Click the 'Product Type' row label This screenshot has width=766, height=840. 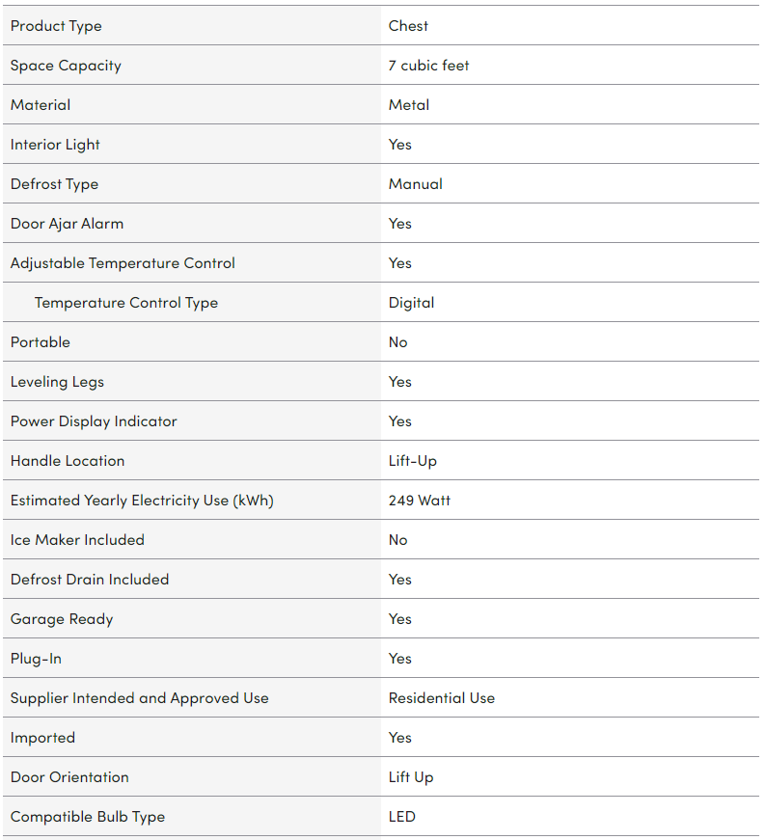tap(56, 26)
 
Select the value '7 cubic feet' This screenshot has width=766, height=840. tap(428, 66)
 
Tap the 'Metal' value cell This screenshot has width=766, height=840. tap(409, 105)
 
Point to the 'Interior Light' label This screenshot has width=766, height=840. tap(55, 145)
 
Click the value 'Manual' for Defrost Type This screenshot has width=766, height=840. tap(415, 184)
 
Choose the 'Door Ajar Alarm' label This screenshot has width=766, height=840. tap(67, 224)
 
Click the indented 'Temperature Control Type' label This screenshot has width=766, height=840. tap(126, 303)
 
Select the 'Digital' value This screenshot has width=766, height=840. tap(411, 303)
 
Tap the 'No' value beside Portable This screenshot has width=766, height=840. tap(397, 342)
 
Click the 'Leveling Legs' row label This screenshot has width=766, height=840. tap(57, 382)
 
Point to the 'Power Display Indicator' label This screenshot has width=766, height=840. tap(94, 421)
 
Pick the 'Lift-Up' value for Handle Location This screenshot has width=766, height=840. tap(412, 461)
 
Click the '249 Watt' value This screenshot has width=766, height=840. tap(419, 501)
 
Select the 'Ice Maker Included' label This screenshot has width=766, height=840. tap(77, 540)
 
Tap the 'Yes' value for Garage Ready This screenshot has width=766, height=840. tap(399, 619)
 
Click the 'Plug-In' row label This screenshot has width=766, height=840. tap(36, 659)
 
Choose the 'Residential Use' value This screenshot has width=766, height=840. tap(441, 698)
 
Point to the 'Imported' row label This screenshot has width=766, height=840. tap(42, 738)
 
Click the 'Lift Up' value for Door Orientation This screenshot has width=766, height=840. tap(411, 777)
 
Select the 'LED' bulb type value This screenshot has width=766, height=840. tap(401, 817)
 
